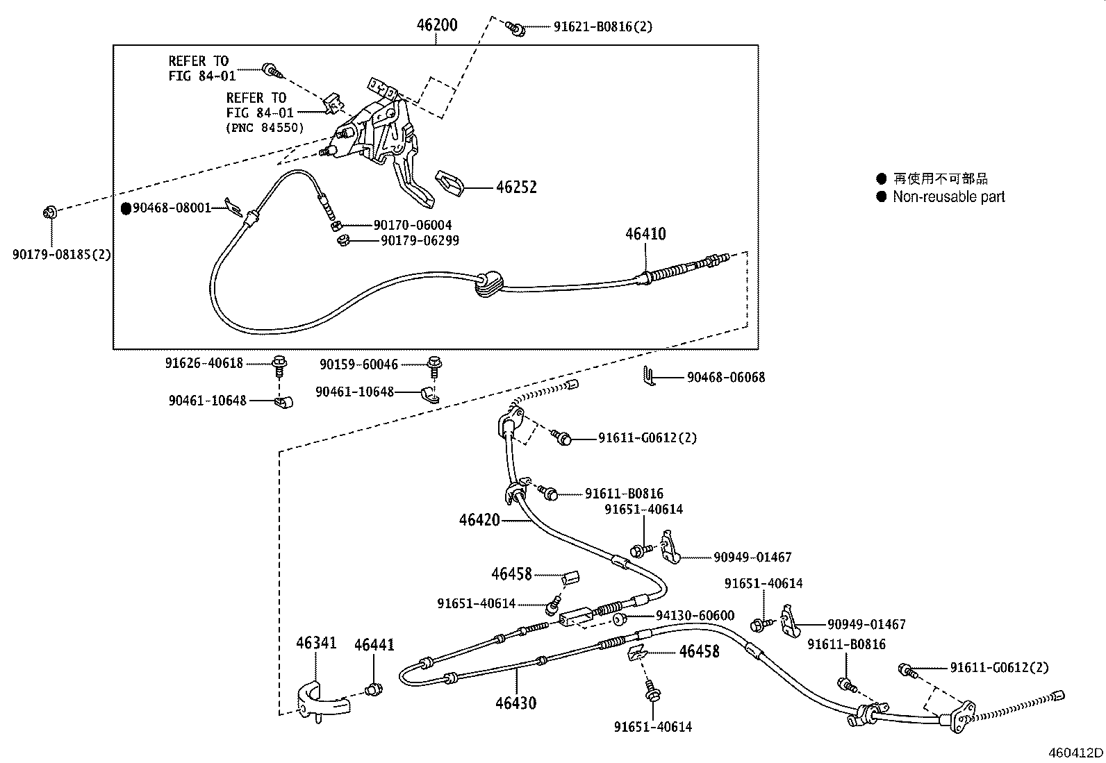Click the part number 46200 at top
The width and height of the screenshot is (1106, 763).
pyautogui.click(x=436, y=25)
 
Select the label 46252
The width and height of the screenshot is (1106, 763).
pyautogui.click(x=516, y=187)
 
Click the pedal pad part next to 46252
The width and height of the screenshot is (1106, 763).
pyautogui.click(x=451, y=183)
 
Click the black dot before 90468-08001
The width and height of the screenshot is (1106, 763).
pyautogui.click(x=126, y=208)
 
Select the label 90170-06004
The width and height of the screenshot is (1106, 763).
pyautogui.click(x=413, y=225)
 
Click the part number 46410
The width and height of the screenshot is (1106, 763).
pyautogui.click(x=645, y=234)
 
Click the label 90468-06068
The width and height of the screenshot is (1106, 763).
pyautogui.click(x=726, y=378)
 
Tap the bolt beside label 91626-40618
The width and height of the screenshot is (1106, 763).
pyautogui.click(x=279, y=363)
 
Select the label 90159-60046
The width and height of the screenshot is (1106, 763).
pyautogui.click(x=358, y=364)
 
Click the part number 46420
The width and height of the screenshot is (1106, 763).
pyautogui.click(x=479, y=519)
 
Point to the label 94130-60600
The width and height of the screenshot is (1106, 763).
pyautogui.click(x=695, y=616)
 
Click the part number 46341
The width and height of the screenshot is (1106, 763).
pyautogui.click(x=316, y=643)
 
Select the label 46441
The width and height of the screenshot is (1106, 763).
pyautogui.click(x=374, y=645)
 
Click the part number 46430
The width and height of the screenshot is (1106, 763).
pyautogui.click(x=516, y=703)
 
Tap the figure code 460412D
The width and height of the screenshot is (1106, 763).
pyautogui.click(x=1075, y=753)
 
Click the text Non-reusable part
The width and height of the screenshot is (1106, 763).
pyautogui.click(x=948, y=196)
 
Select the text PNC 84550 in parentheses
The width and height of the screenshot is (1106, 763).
pyautogui.click(x=265, y=128)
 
